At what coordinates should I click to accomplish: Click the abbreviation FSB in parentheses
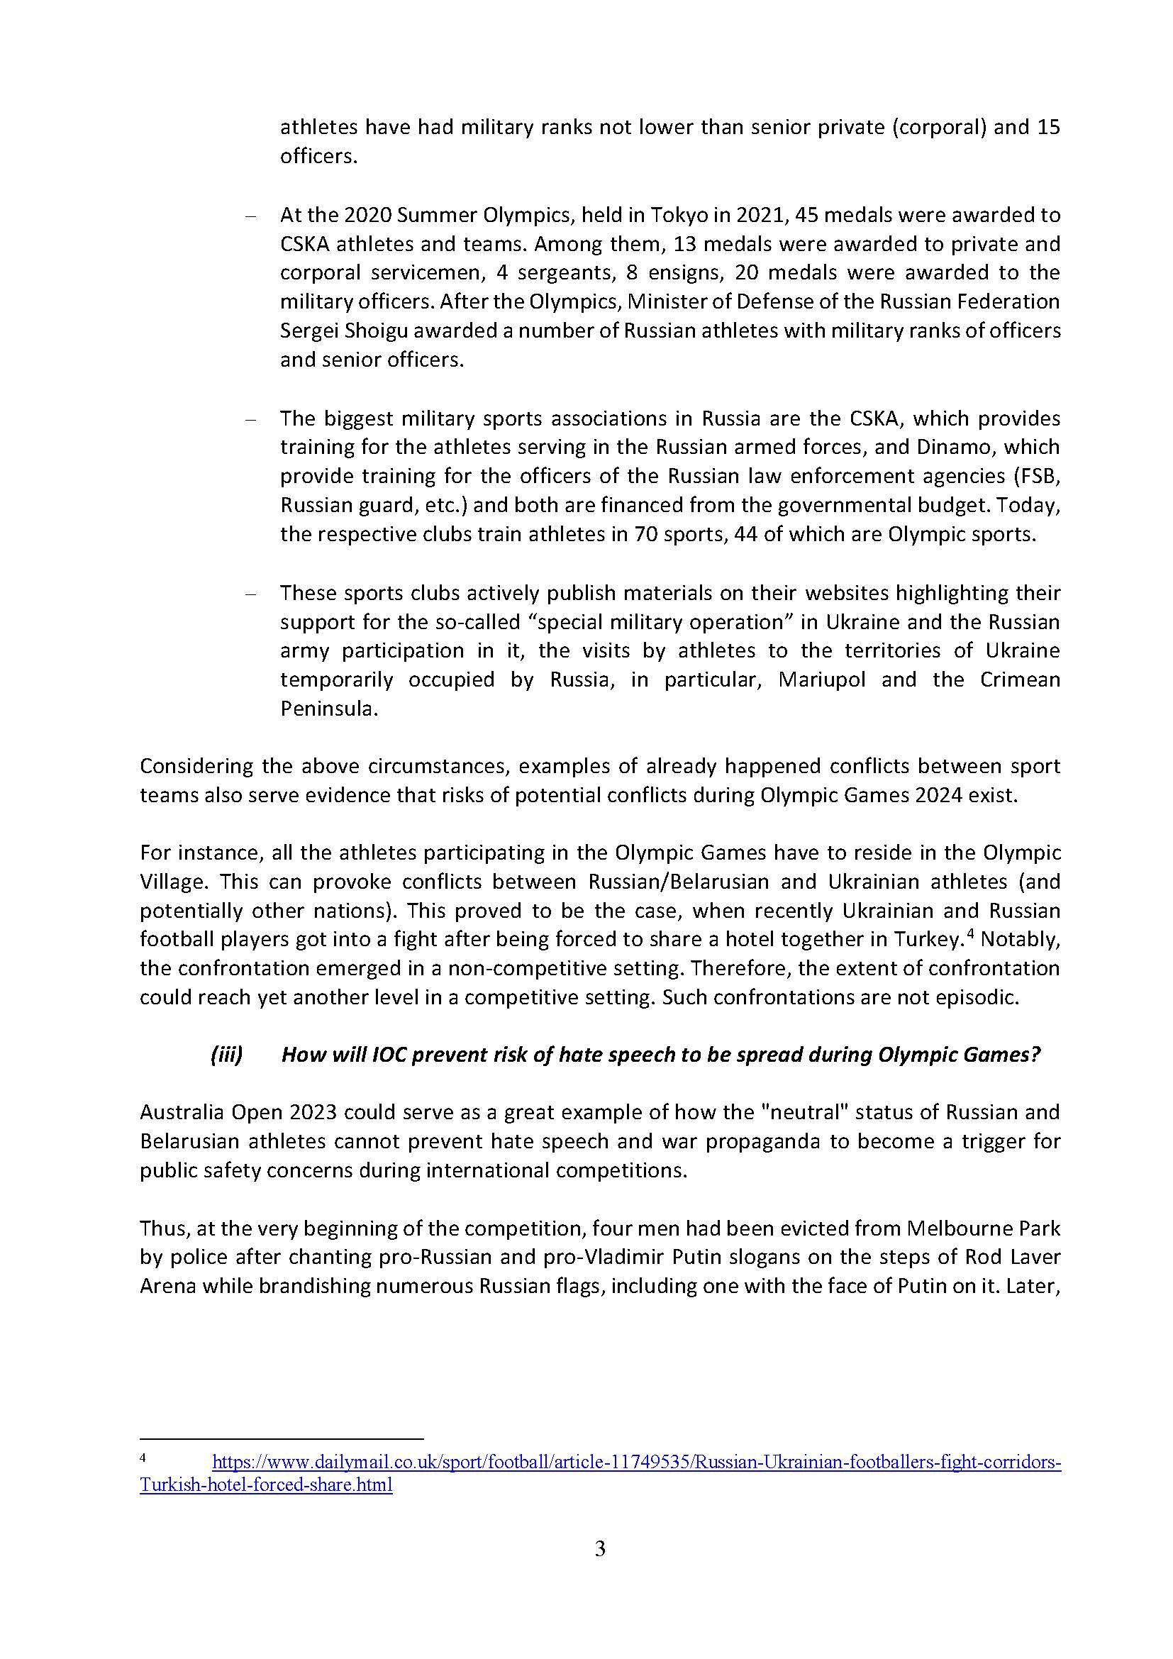1038,475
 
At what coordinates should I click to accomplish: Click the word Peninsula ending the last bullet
328,708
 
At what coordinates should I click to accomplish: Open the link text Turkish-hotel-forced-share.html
266,1486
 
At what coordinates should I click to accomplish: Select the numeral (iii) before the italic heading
226,1055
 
